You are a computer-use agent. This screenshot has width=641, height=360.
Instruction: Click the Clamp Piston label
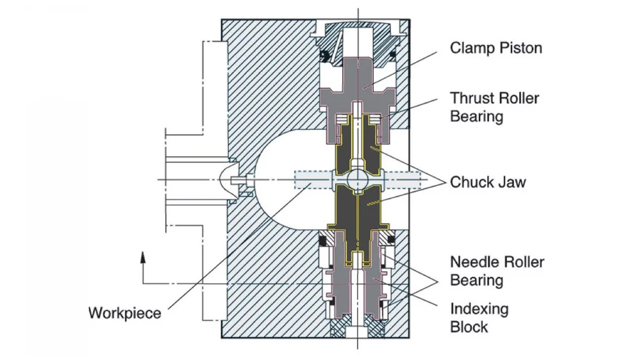click(x=495, y=48)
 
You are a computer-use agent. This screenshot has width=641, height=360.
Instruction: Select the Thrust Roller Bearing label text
click(x=494, y=108)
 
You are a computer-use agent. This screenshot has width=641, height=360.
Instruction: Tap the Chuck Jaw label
click(x=487, y=182)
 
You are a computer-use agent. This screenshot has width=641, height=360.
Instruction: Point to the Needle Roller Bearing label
click(x=497, y=271)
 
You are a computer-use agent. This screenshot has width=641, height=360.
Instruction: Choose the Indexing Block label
click(x=479, y=318)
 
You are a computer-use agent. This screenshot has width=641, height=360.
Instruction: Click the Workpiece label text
click(x=124, y=314)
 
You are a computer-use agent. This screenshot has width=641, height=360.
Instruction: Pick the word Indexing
click(x=479, y=309)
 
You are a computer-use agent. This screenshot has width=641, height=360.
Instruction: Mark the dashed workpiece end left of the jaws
click(x=311, y=179)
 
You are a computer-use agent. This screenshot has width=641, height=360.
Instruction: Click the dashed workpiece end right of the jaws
click(x=401, y=179)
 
